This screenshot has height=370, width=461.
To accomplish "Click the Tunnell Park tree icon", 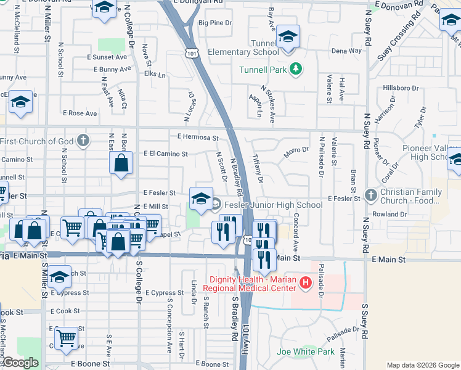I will tap(296, 68).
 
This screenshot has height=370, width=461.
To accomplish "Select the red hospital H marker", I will tap(304, 283).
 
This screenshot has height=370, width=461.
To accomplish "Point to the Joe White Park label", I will tap(306, 352).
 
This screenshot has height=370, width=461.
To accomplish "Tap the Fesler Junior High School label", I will tap(273, 205).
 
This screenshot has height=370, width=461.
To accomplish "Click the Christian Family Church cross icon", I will tap(370, 196).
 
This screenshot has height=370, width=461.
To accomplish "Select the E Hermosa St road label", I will tap(198, 137).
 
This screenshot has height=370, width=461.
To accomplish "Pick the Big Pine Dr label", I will tap(214, 23).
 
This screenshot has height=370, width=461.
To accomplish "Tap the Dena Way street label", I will tap(346, 51).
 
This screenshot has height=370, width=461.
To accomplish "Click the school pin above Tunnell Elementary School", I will tap(288, 36).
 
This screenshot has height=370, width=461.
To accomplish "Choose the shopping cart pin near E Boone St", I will tap(66, 337).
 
